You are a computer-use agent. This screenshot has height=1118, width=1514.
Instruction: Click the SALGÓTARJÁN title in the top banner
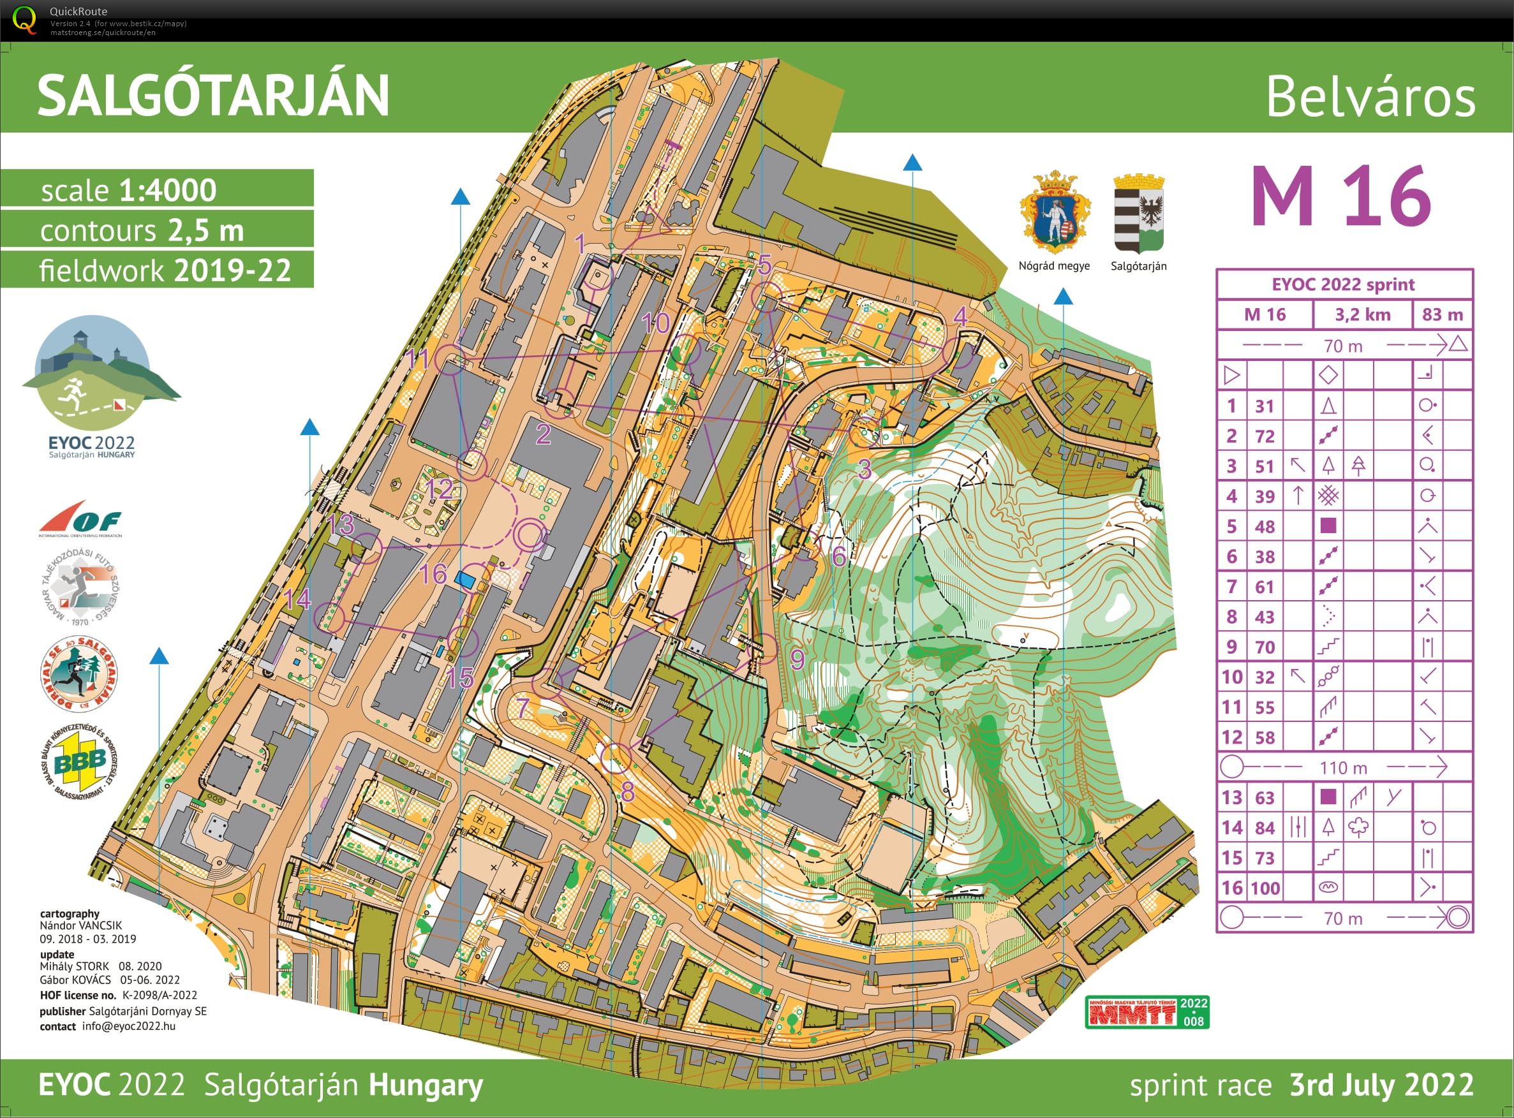(x=213, y=96)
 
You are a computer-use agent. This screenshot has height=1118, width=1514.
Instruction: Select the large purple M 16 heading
(x=1340, y=197)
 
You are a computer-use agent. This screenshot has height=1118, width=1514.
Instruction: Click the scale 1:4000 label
(x=129, y=190)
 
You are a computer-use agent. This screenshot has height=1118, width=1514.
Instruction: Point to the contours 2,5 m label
(x=142, y=231)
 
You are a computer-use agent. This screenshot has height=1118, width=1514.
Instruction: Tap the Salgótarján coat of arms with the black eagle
(x=1139, y=213)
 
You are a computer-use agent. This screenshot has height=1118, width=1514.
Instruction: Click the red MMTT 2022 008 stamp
(x=1147, y=1011)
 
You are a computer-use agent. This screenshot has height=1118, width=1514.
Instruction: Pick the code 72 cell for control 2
(x=1265, y=436)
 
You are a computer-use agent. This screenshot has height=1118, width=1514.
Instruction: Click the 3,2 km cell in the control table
(x=1362, y=314)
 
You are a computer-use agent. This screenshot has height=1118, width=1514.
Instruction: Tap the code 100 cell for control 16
(x=1265, y=888)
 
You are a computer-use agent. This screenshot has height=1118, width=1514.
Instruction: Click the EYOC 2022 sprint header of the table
(x=1344, y=284)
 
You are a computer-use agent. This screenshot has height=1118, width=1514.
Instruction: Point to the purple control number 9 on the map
(x=797, y=658)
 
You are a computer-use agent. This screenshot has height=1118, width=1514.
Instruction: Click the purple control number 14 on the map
(x=297, y=599)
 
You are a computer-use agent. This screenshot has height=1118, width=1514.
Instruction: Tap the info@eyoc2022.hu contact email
(x=129, y=1026)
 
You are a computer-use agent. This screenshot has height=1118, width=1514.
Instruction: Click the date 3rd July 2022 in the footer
(x=1381, y=1085)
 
